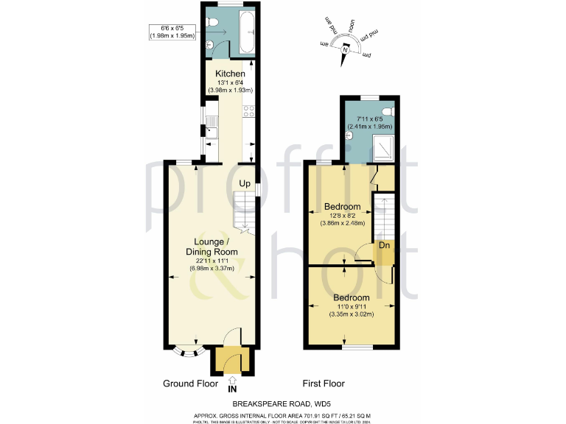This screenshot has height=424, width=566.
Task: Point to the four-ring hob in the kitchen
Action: pyautogui.click(x=249, y=112)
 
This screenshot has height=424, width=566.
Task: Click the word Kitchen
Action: pyautogui.click(x=230, y=74)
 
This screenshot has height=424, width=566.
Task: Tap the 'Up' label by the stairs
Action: pyautogui.click(x=244, y=183)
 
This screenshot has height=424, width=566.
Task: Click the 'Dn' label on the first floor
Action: pyautogui.click(x=384, y=245)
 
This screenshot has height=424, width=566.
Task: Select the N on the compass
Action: pyautogui.click(x=345, y=49)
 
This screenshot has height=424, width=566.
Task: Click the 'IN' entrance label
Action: pyautogui.click(x=233, y=389)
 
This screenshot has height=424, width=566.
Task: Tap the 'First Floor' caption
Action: pyautogui.click(x=324, y=384)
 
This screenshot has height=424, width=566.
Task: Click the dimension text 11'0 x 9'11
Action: pyautogui.click(x=351, y=306)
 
